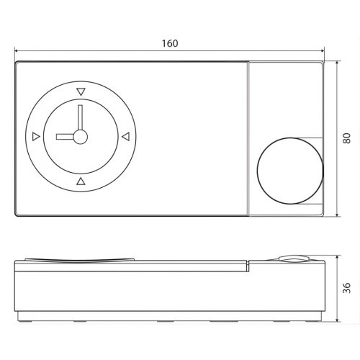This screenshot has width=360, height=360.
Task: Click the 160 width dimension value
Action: (170, 43)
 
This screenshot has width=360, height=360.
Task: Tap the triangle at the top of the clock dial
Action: (80, 91)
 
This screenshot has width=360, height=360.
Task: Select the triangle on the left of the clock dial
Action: (35, 135)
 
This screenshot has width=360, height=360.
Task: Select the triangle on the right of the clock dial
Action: (125, 135)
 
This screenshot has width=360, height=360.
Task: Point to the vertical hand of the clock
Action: (80, 119)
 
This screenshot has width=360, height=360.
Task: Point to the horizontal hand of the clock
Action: (67, 136)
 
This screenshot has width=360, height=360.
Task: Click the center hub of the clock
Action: (80, 136)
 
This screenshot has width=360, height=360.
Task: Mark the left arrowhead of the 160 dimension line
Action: (17, 52)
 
